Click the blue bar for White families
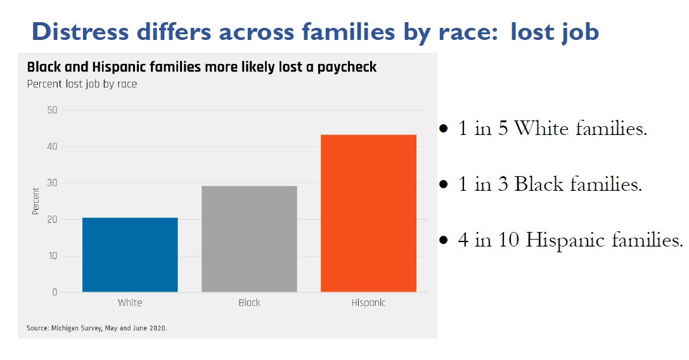click(130, 255)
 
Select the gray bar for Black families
click(249, 239)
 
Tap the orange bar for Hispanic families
click(368, 214)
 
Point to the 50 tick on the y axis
click(52, 110)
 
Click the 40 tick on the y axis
click(52, 146)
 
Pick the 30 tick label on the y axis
click(52, 183)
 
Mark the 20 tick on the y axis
click(52, 219)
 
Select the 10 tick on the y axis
click(52, 256)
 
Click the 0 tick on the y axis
click(55, 293)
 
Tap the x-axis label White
click(130, 303)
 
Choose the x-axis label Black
click(249, 303)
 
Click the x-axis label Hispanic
click(368, 303)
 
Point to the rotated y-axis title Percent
click(36, 201)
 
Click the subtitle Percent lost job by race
click(82, 84)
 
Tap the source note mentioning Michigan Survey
click(97, 328)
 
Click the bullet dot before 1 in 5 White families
click(444, 129)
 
